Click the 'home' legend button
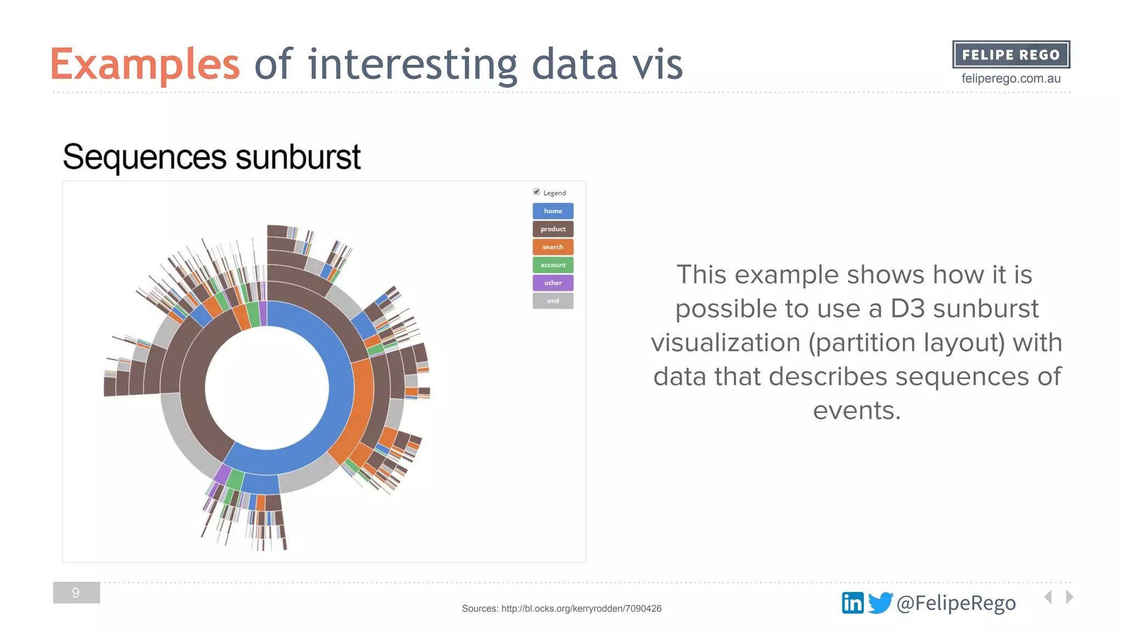click(553, 211)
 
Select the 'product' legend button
click(553, 229)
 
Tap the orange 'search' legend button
click(553, 247)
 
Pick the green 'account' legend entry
click(553, 265)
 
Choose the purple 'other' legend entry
click(553, 283)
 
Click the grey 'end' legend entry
click(553, 301)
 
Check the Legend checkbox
click(536, 192)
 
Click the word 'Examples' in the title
click(145, 65)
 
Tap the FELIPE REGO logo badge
click(1011, 55)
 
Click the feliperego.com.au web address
click(1011, 78)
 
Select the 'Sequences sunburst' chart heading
click(212, 157)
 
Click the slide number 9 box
click(76, 592)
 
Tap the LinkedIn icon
click(852, 603)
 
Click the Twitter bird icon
click(880, 603)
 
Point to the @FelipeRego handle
click(956, 603)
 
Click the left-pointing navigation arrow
click(1048, 597)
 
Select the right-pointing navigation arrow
click(1069, 597)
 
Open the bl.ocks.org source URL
click(581, 608)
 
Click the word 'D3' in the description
click(908, 309)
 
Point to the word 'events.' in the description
click(857, 410)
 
